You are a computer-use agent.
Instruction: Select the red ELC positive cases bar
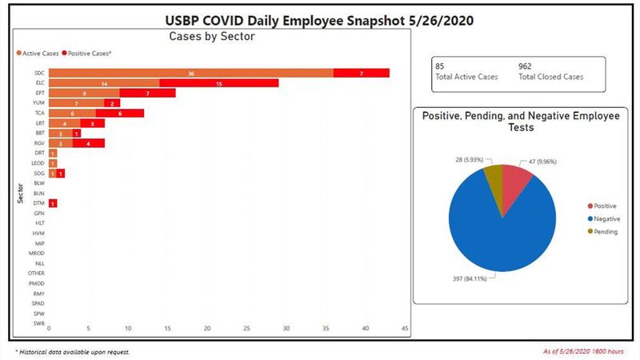point(218,82)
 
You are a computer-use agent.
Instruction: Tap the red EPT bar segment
point(147,93)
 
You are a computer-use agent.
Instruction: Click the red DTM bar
point(52,203)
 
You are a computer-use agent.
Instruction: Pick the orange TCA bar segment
point(72,113)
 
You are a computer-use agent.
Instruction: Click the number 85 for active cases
point(439,66)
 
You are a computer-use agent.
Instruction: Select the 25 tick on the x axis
point(246,328)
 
